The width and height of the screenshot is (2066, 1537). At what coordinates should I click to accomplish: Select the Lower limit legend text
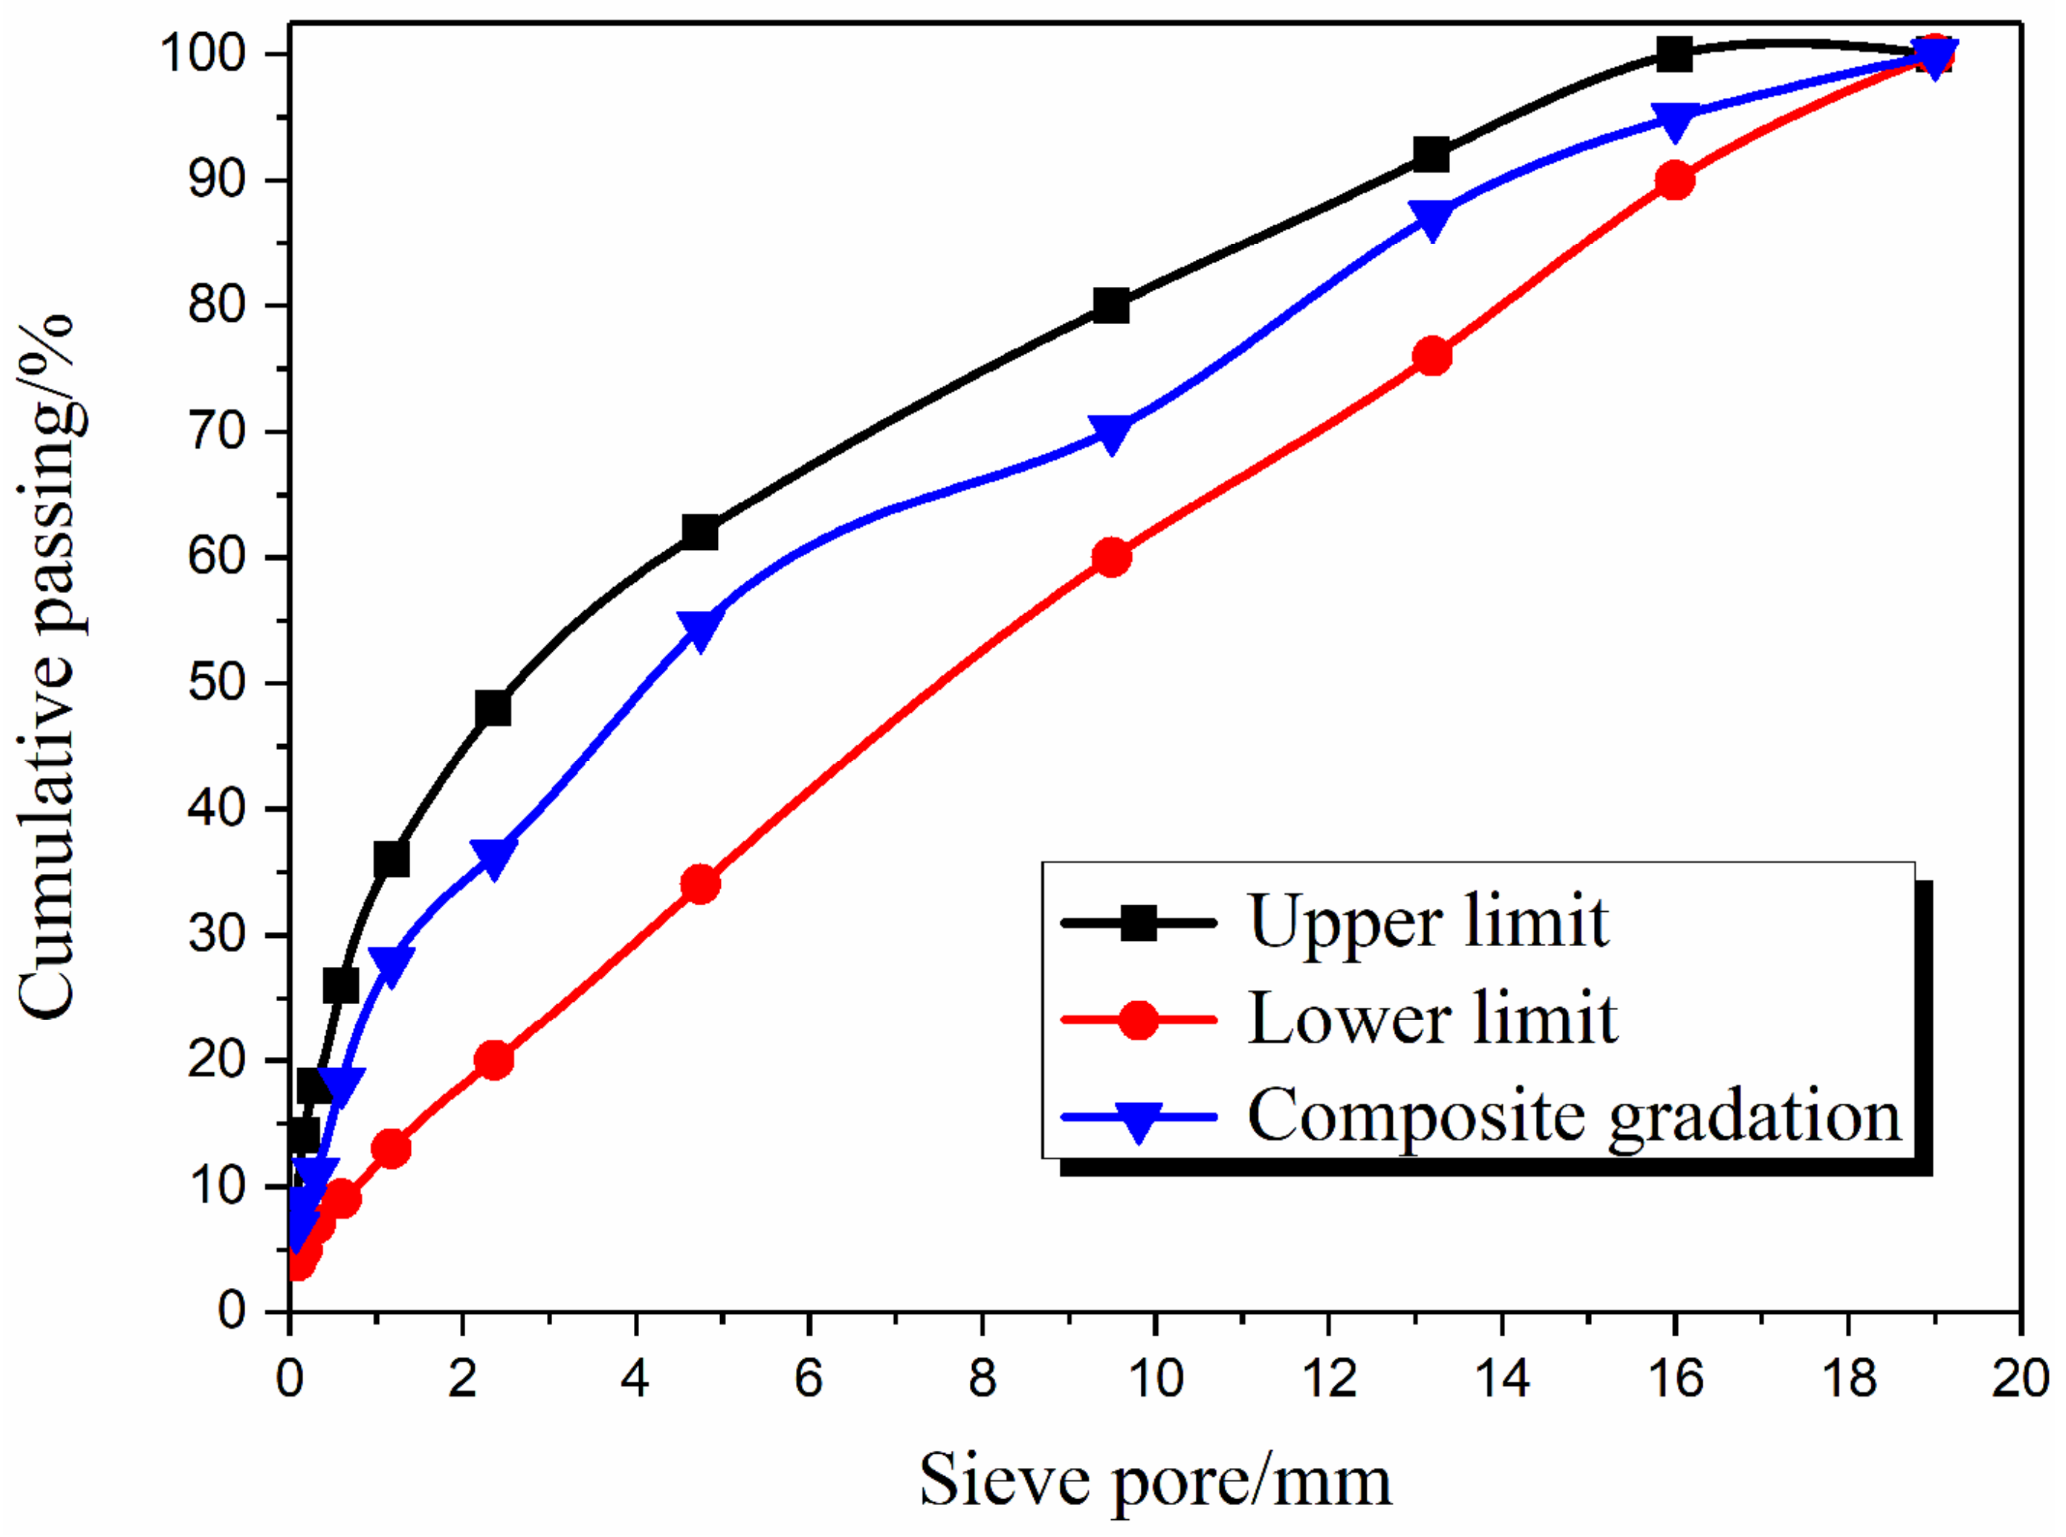pyautogui.click(x=1433, y=1019)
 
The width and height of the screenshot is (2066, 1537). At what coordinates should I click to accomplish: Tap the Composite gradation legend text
pyautogui.click(x=1574, y=1116)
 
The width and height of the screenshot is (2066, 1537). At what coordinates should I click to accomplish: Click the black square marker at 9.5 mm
pyautogui.click(x=1112, y=305)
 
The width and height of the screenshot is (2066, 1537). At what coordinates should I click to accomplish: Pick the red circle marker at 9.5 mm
pyautogui.click(x=1112, y=557)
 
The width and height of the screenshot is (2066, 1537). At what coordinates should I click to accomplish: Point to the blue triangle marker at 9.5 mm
pyautogui.click(x=1112, y=433)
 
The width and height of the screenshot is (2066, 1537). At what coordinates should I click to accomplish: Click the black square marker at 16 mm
pyautogui.click(x=1674, y=54)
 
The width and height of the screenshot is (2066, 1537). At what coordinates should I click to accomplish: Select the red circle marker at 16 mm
pyautogui.click(x=1674, y=180)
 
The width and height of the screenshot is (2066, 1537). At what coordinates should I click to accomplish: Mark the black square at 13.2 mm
pyautogui.click(x=1431, y=155)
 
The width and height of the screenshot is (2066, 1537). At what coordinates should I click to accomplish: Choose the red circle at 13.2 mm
pyautogui.click(x=1431, y=355)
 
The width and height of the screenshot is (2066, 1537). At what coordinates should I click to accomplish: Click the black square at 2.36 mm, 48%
pyautogui.click(x=493, y=709)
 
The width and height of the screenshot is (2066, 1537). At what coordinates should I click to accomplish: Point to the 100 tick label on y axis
pyautogui.click(x=204, y=54)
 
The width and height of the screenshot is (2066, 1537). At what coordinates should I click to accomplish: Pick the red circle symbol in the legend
pyautogui.click(x=1139, y=1020)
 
